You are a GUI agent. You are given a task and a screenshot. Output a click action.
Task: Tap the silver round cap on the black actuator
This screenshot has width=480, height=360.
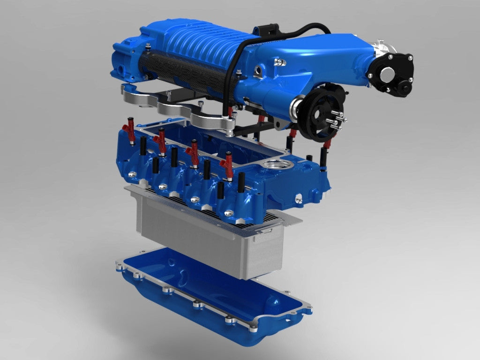point(387,74)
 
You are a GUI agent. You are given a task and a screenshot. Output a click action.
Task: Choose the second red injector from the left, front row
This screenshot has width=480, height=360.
point(161,141)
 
